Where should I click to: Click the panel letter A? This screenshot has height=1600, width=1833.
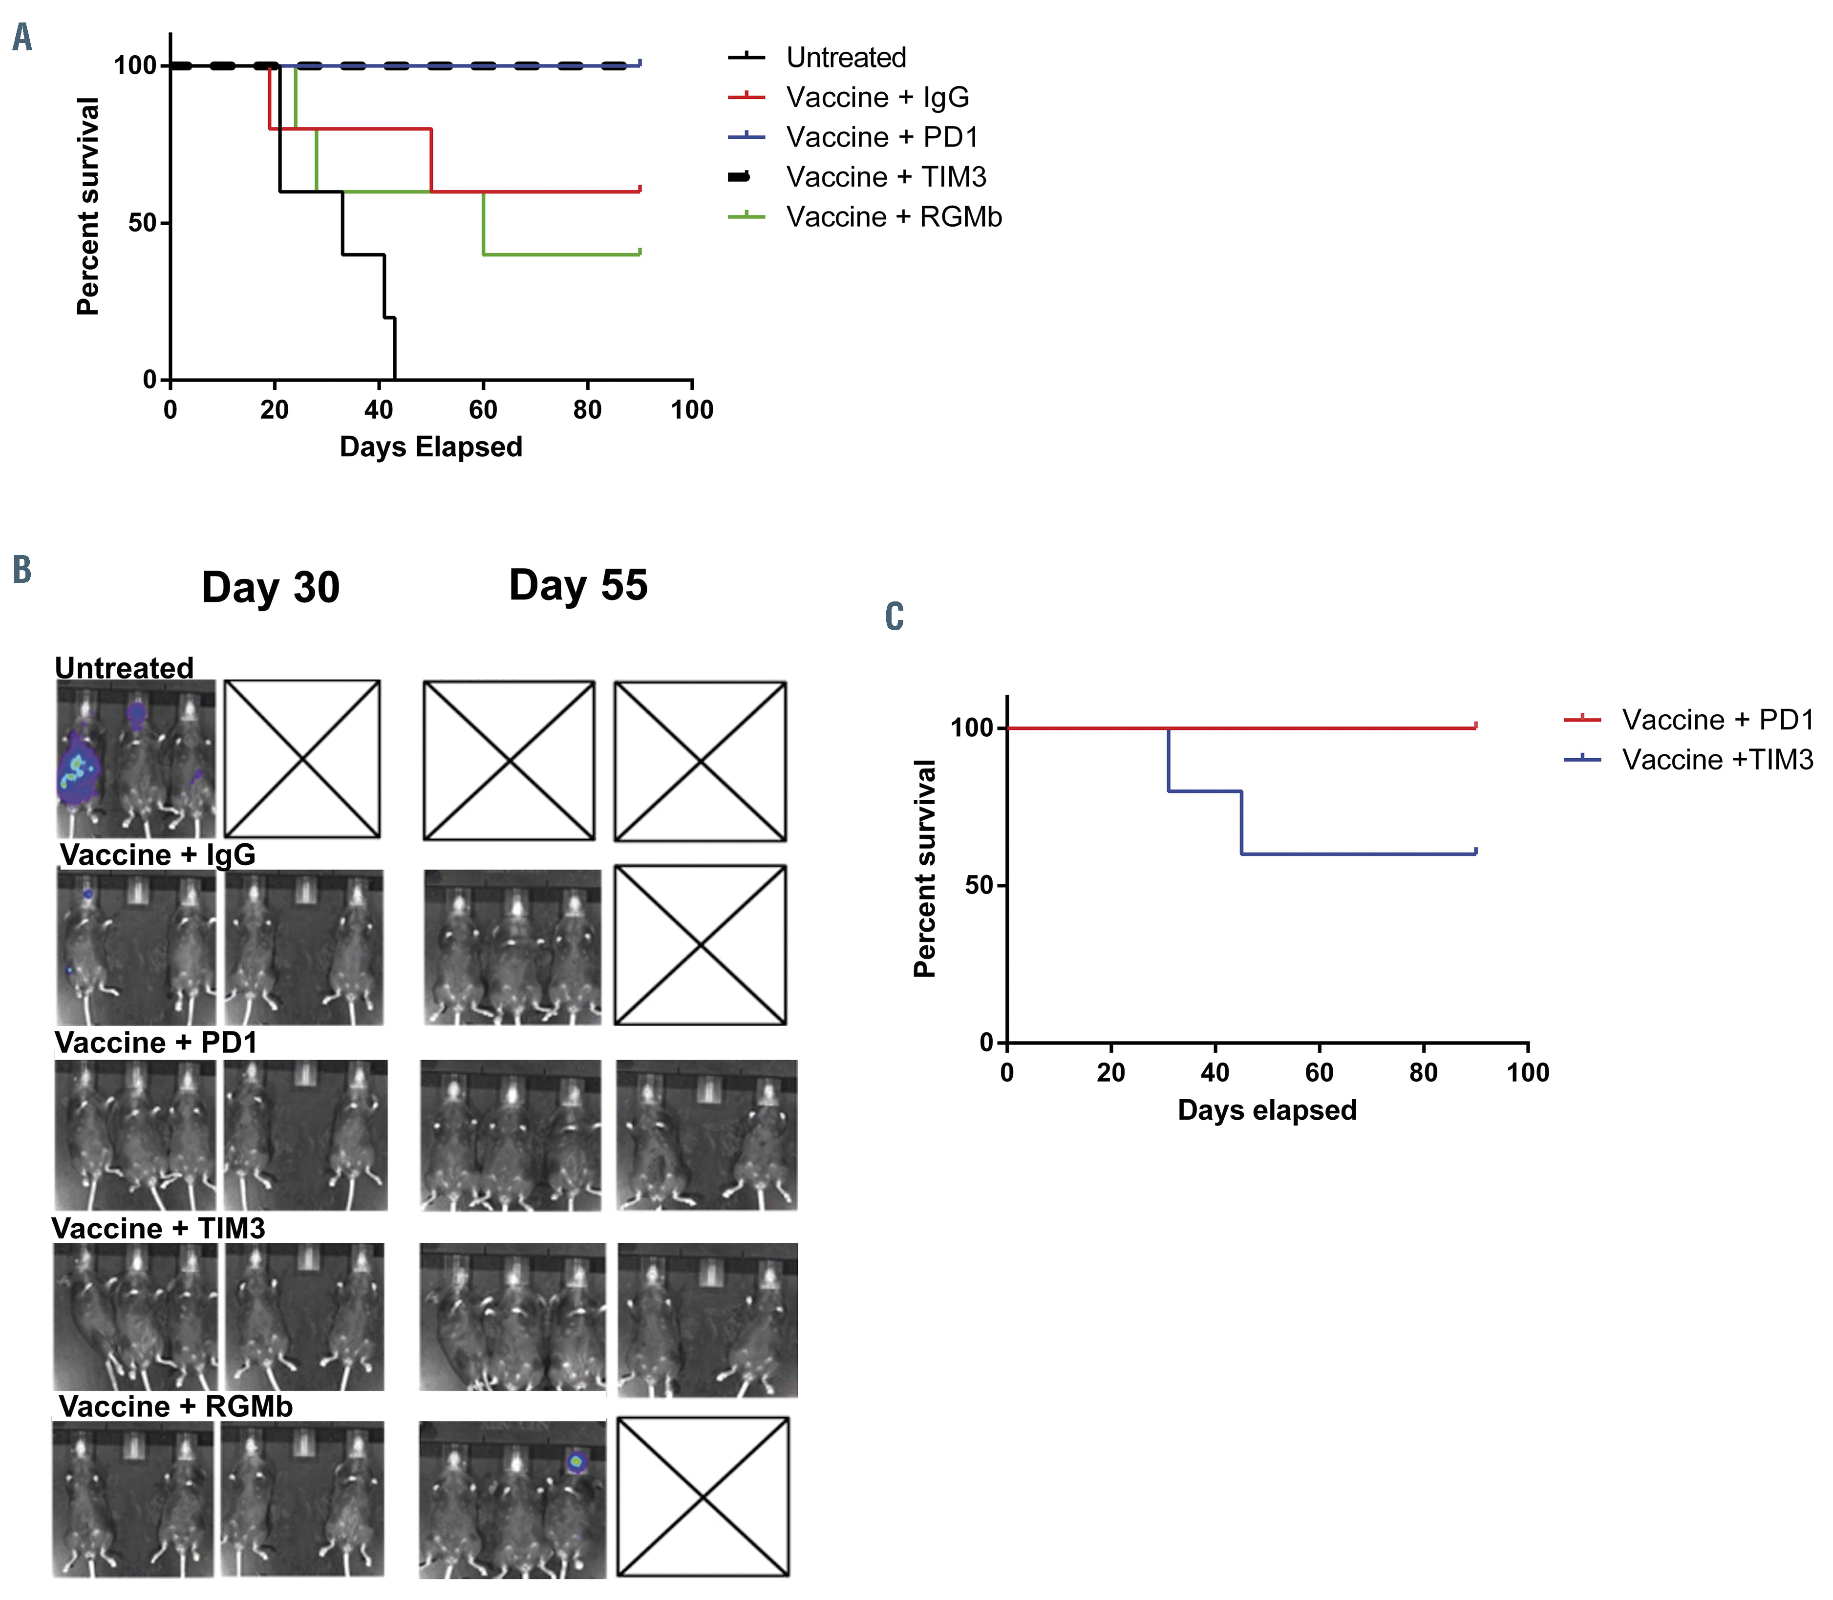[x=22, y=38]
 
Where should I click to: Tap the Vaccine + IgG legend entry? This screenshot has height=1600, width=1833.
[x=877, y=97]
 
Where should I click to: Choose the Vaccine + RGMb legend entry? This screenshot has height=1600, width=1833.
[x=893, y=217]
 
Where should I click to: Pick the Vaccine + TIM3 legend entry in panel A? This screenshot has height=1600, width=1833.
[x=886, y=177]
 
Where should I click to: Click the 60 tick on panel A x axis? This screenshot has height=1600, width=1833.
[x=483, y=410]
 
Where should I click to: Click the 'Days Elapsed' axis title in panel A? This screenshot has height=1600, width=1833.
[x=430, y=447]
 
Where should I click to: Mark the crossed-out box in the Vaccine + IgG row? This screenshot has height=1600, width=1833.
[x=700, y=945]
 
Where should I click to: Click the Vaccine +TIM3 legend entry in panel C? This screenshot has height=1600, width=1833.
[x=1717, y=760]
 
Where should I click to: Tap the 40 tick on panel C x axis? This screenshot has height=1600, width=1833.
[x=1215, y=1072]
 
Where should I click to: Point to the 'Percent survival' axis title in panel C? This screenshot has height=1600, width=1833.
[x=925, y=869]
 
